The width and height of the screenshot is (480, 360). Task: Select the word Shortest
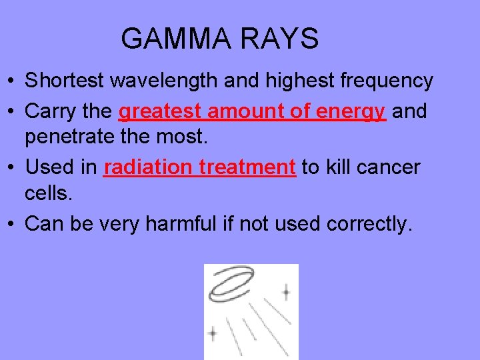(x=65, y=81)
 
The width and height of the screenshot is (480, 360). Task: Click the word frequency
(x=387, y=81)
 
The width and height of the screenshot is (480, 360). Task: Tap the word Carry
(x=47, y=111)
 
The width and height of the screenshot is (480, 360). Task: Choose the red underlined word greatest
(x=160, y=111)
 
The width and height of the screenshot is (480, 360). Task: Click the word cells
(x=47, y=195)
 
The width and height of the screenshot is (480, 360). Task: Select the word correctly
(x=370, y=224)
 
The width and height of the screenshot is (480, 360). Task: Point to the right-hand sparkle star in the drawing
(x=286, y=291)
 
